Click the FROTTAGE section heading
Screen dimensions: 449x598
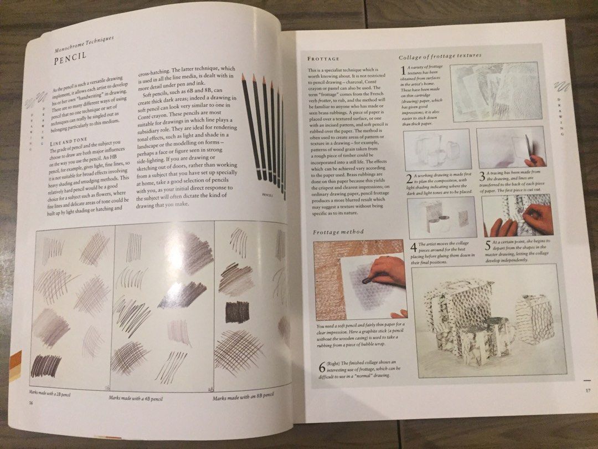click(323, 58)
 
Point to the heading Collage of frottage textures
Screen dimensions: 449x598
click(440, 56)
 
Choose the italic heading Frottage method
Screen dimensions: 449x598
click(338, 232)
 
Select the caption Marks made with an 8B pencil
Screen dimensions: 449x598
click(244, 396)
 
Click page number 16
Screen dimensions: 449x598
click(31, 403)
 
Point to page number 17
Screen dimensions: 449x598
click(588, 391)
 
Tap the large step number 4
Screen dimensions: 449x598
click(413, 247)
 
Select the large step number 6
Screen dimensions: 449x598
click(321, 366)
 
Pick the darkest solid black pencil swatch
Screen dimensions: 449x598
click(237, 312)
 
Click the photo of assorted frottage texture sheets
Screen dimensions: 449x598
click(496, 91)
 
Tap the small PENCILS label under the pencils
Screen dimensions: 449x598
click(268, 195)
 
